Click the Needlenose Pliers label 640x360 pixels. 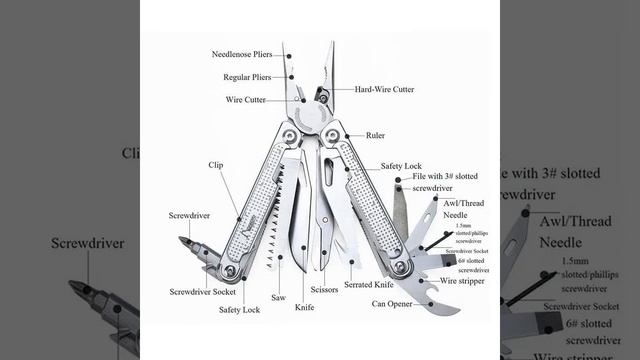pos(241,54)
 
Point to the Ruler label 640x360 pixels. pos(376,134)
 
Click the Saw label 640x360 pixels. pos(279,297)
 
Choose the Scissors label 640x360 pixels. pos(324,290)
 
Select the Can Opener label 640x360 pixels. pos(392,303)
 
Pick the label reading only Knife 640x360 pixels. pos(304,310)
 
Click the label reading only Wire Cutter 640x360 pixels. pos(245,100)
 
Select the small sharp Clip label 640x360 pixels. pos(215,165)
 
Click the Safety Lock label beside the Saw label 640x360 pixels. pos(240,310)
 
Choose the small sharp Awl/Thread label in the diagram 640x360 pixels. pos(461,201)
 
